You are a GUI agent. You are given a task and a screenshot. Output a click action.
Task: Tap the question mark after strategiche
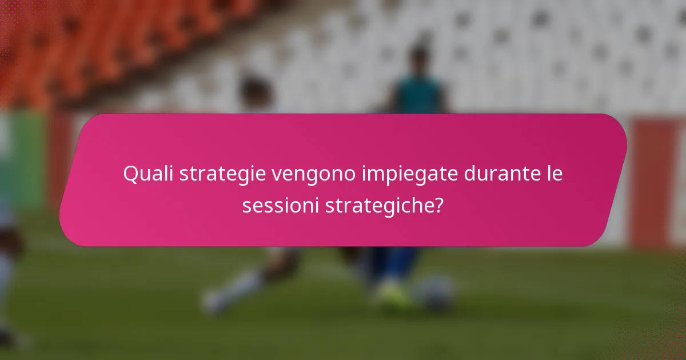point(438,205)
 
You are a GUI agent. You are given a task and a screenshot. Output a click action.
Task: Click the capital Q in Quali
point(131,174)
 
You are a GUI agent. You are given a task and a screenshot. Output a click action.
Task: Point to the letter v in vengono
point(277,175)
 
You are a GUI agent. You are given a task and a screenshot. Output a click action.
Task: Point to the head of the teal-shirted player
point(419,57)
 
